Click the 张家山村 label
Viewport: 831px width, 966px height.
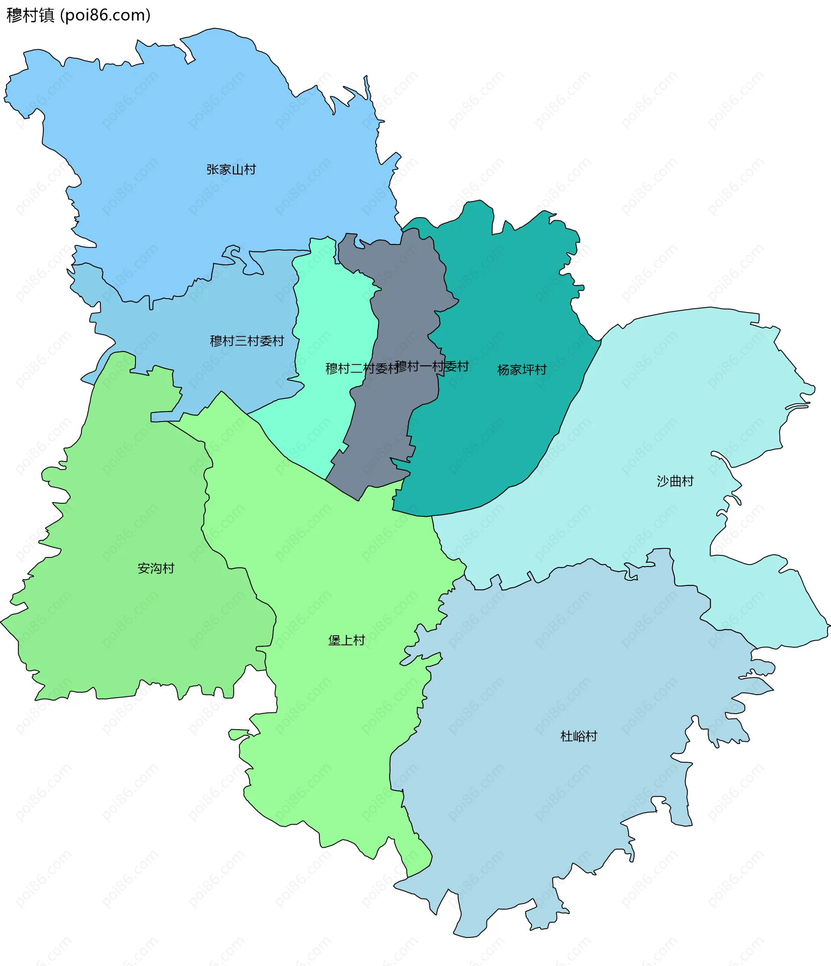[x=231, y=169]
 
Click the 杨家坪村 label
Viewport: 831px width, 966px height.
[x=522, y=370]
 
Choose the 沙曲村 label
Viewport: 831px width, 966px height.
[x=675, y=481]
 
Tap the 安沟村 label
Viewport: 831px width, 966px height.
[x=156, y=568]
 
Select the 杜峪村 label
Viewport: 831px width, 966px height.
[x=578, y=736]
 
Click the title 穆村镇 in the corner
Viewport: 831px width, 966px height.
[x=31, y=16]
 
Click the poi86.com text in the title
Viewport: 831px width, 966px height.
[x=106, y=16]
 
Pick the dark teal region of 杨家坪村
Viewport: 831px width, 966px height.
[x=504, y=303]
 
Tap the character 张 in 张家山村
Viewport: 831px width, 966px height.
[x=213, y=169]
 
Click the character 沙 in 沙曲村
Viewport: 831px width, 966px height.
[x=663, y=481]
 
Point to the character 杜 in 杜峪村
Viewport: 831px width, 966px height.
[x=566, y=736]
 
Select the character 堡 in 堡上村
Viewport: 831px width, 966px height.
[x=334, y=640]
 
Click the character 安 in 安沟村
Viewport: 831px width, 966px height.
[x=144, y=568]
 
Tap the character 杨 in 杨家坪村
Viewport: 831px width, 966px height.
[x=504, y=370]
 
